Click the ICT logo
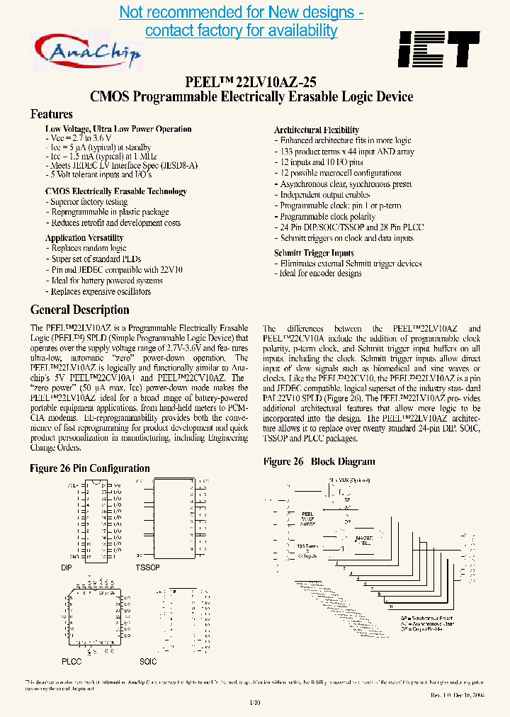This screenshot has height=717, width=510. click(438, 49)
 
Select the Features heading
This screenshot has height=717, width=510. click(51, 113)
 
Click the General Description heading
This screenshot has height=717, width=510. click(79, 310)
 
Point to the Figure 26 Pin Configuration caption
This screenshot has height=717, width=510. click(90, 468)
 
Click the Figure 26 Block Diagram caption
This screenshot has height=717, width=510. click(319, 462)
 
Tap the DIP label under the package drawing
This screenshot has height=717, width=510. click(67, 568)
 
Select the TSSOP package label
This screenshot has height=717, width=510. click(147, 568)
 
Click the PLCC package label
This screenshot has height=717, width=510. click(71, 661)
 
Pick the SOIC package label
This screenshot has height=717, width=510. click(148, 661)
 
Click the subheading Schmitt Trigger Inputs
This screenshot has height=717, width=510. click(314, 253)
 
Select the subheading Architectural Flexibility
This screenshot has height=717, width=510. click(316, 130)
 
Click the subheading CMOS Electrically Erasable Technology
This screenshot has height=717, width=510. click(115, 191)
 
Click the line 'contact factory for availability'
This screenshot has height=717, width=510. click(241, 30)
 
